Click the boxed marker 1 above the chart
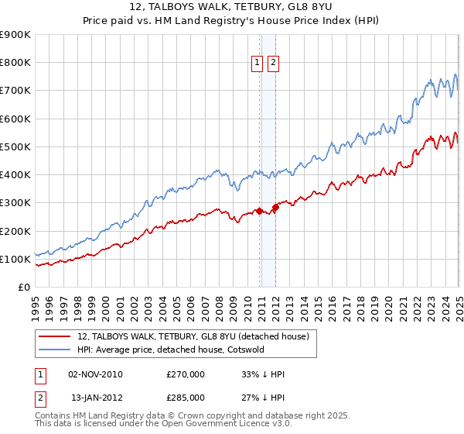point(257,64)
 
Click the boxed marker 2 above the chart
point(274,64)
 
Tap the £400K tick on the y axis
point(15,174)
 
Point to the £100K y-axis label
point(15,259)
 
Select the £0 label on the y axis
point(23,287)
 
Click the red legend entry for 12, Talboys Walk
point(193,336)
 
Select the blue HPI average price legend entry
point(171,350)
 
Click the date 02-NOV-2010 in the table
point(96,374)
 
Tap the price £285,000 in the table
point(186,397)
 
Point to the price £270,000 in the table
point(186,374)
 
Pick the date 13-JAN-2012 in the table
point(96,397)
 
